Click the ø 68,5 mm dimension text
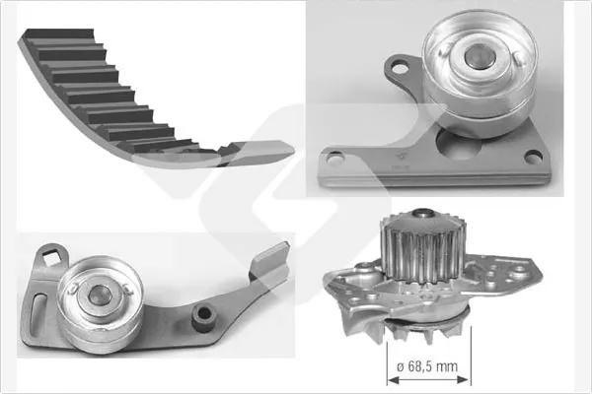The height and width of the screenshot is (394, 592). pyautogui.click(x=427, y=366)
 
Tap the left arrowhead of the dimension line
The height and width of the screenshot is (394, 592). pyautogui.click(x=393, y=380)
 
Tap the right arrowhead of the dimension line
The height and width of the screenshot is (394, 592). pyautogui.click(x=464, y=379)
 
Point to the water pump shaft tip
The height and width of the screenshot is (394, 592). pyautogui.click(x=423, y=213)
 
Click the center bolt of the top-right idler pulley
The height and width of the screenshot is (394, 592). pyautogui.click(x=481, y=56)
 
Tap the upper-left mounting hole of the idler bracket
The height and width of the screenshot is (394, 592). pyautogui.click(x=400, y=68)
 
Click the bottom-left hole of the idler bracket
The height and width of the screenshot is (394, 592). pyautogui.click(x=334, y=158)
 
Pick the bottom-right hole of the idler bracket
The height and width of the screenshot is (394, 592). pyautogui.click(x=534, y=156)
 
